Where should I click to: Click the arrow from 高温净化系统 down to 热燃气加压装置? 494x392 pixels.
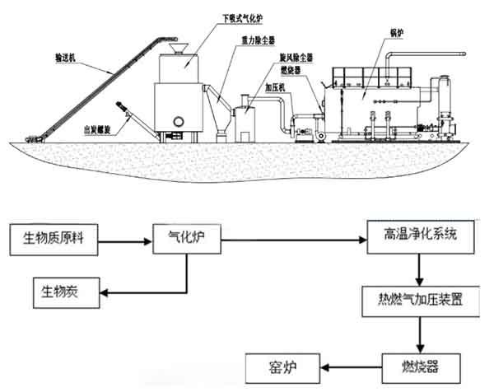click(421, 269)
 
